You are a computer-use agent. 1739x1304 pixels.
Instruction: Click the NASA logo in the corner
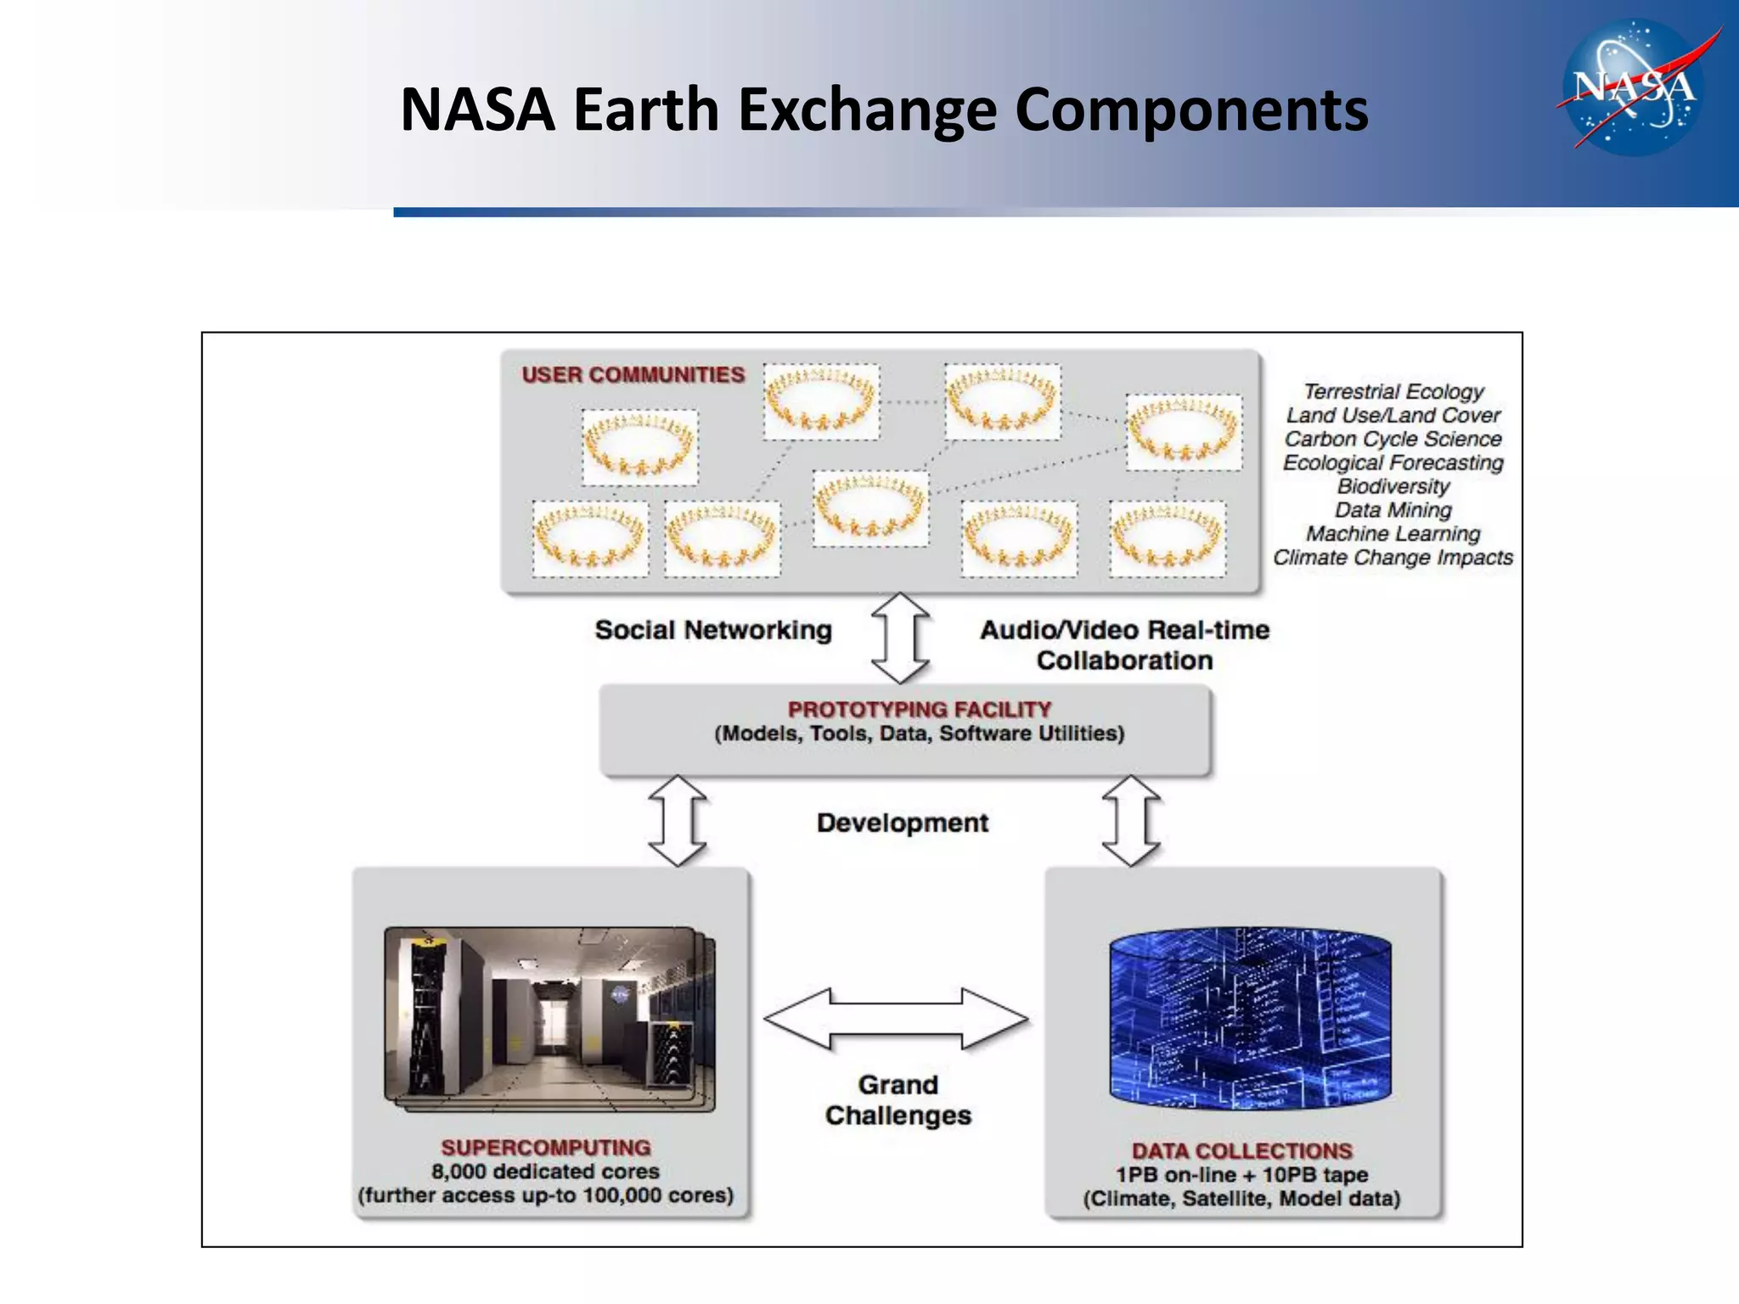(x=1634, y=88)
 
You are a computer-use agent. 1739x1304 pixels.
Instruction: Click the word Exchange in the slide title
(x=867, y=110)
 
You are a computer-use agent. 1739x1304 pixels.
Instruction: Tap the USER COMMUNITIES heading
(x=633, y=374)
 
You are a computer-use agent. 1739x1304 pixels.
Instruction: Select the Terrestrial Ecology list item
(x=1393, y=391)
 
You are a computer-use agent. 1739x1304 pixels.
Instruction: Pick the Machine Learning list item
(x=1393, y=534)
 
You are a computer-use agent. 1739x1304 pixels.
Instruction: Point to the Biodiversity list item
(x=1393, y=486)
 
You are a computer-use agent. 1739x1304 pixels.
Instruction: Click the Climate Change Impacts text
(x=1393, y=558)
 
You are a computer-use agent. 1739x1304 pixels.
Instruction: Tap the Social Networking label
(x=713, y=630)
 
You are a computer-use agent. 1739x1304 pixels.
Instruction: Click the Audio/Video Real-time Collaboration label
(x=1124, y=645)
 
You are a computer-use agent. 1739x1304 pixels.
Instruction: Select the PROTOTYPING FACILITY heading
(x=919, y=709)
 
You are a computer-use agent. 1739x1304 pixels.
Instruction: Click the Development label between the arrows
(x=902, y=823)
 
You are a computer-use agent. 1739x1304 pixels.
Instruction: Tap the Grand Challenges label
(x=898, y=1099)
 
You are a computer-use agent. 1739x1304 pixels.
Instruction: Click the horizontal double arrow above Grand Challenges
(x=896, y=1018)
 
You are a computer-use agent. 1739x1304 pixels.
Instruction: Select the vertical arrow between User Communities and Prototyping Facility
(x=900, y=638)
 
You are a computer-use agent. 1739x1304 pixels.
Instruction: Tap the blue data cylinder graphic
(x=1250, y=1019)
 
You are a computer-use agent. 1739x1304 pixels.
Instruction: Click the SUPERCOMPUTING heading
(x=545, y=1148)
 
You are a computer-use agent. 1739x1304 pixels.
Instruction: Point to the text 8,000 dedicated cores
(x=545, y=1172)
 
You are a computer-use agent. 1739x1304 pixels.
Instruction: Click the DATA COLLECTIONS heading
(x=1241, y=1151)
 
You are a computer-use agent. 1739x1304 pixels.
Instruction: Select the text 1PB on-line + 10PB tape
(x=1241, y=1175)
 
